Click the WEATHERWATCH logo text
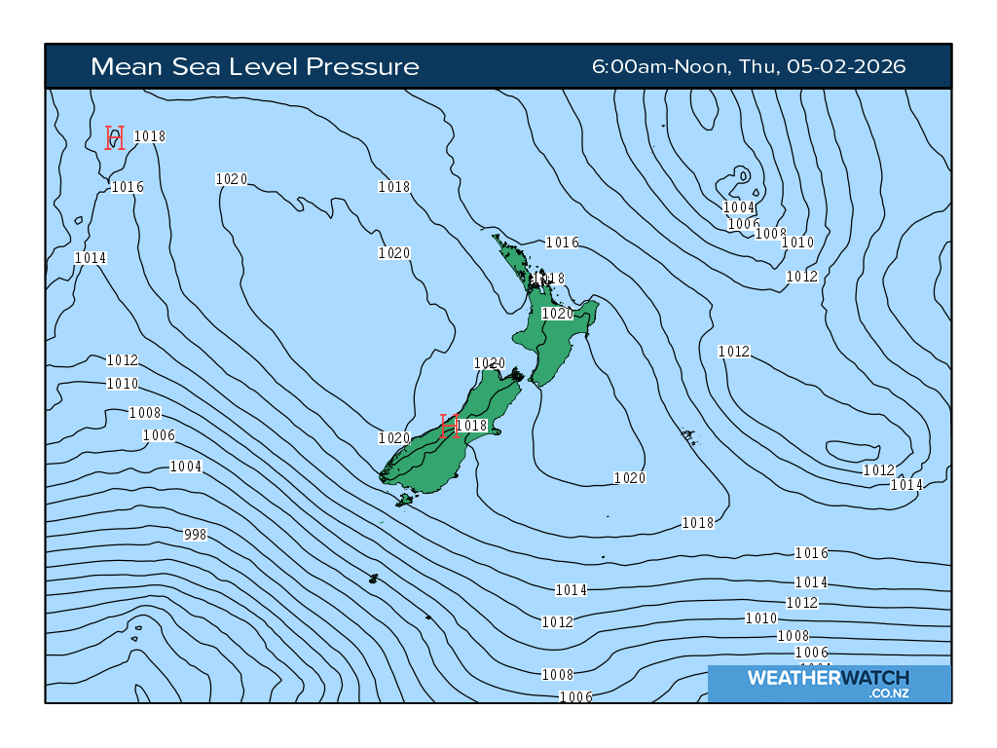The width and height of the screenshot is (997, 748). [x=828, y=678]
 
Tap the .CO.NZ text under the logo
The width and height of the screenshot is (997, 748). [x=889, y=693]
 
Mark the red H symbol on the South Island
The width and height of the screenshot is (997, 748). [x=449, y=426]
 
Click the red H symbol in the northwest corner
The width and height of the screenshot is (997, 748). [x=115, y=137]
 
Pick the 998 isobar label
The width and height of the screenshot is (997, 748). [x=195, y=535]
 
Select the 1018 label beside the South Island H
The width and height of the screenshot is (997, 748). [x=471, y=426]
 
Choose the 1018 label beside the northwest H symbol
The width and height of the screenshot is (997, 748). [x=149, y=136]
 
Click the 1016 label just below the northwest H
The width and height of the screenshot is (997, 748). [x=128, y=187]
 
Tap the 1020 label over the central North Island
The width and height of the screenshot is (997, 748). [x=558, y=314]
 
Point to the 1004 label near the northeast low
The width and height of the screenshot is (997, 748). [x=739, y=207]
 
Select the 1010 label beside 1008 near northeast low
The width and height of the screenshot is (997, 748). [x=797, y=243]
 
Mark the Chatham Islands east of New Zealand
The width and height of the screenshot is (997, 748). [x=689, y=435]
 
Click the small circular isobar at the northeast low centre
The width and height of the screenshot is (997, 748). [x=743, y=175]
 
